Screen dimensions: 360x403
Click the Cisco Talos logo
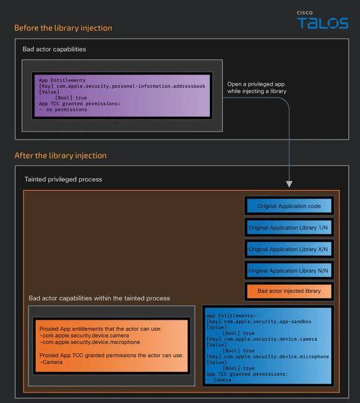click(323, 20)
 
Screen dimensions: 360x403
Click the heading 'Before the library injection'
click(63, 28)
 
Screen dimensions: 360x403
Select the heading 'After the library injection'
click(61, 156)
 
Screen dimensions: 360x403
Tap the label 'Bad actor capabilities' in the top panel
click(54, 49)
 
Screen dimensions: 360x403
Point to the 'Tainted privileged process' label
click(63, 179)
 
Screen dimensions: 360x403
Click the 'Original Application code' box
click(289, 206)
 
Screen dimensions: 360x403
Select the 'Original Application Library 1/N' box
click(289, 228)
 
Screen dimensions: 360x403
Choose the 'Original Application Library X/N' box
click(289, 249)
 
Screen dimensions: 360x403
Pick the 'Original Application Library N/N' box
click(289, 271)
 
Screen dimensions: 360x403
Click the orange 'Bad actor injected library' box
click(289, 291)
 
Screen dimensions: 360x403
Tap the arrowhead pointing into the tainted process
click(289, 184)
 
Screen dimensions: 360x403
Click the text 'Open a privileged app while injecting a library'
click(257, 88)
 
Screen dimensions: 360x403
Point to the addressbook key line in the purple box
click(122, 86)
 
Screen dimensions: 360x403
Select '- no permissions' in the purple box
click(63, 109)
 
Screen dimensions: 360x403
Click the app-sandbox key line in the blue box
click(259, 321)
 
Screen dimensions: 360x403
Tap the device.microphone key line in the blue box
click(268, 357)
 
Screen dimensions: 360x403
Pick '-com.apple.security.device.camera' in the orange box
click(84, 335)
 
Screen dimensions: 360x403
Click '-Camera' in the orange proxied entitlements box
click(51, 362)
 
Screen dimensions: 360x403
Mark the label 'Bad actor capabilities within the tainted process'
click(99, 298)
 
